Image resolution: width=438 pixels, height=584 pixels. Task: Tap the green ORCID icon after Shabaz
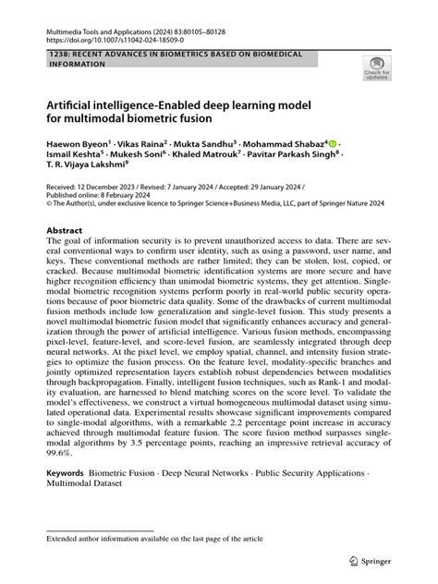pyautogui.click(x=335, y=144)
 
